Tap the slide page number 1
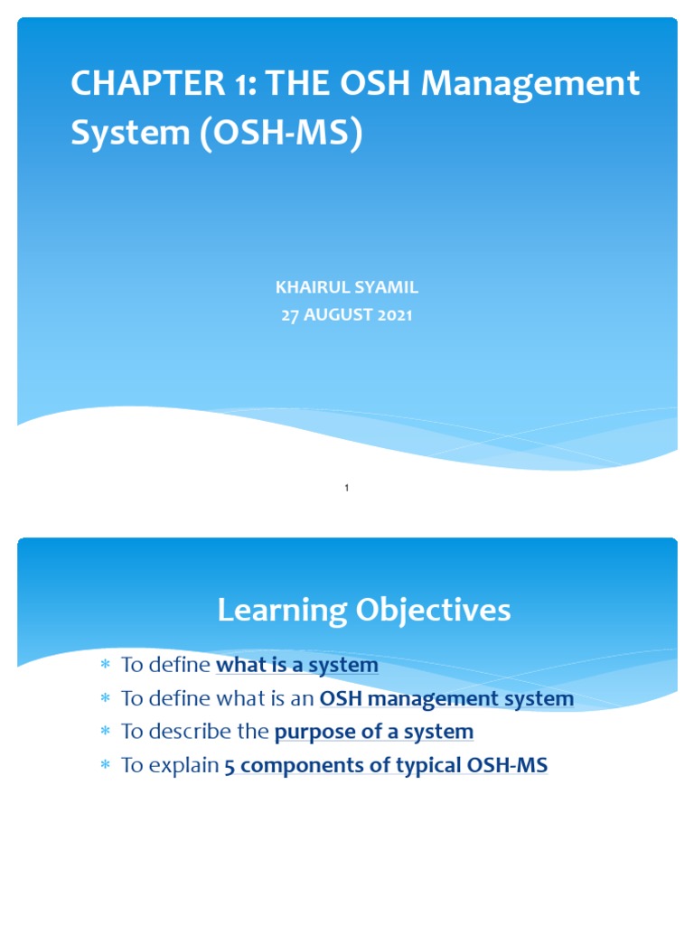click(x=347, y=489)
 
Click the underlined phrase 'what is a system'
click(x=296, y=666)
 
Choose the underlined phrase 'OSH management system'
click(x=446, y=698)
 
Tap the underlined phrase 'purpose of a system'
click(x=373, y=732)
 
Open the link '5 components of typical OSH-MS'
click(x=385, y=766)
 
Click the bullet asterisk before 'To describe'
click(x=104, y=733)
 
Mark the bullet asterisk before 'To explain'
click(x=104, y=766)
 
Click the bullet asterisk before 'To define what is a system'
click(x=104, y=666)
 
